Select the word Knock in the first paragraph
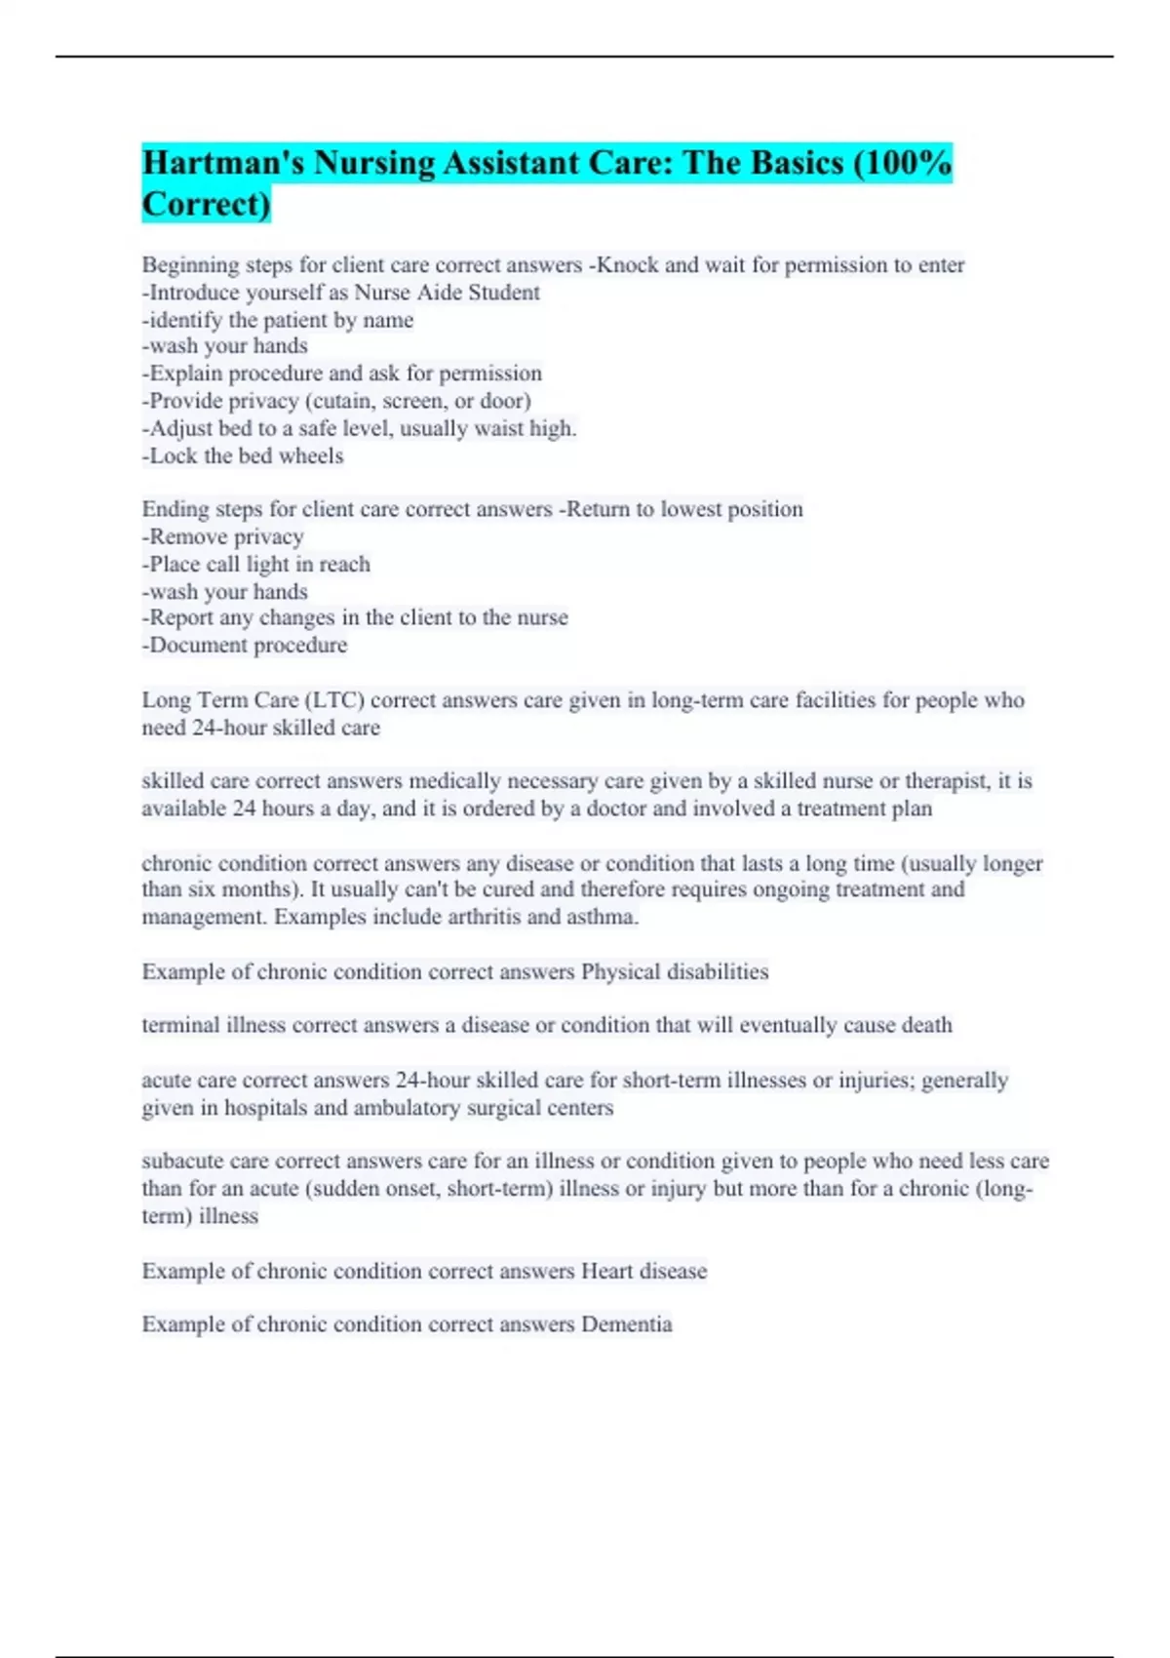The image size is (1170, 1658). point(627,265)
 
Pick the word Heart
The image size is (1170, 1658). point(605,1271)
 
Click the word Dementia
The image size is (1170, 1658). point(626,1324)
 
